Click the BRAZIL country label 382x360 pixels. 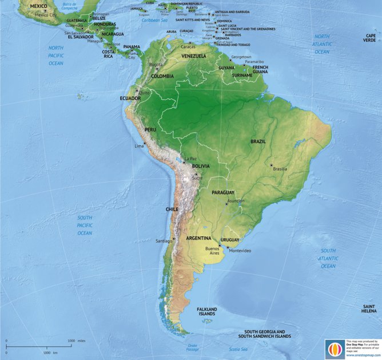[x=258, y=141]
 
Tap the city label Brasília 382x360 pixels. [x=280, y=169]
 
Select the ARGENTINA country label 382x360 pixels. [x=199, y=238]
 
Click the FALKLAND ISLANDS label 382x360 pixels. [x=207, y=311]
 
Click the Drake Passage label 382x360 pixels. [x=192, y=347]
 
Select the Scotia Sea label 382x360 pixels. [x=238, y=349]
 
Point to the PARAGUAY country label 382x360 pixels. [x=224, y=192]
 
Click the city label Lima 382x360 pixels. [x=139, y=147]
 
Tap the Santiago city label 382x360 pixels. [x=164, y=241]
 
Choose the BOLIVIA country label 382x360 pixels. [x=201, y=166]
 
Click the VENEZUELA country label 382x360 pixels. [x=194, y=56]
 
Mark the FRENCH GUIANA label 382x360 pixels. [x=260, y=69]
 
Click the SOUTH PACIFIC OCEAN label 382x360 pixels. [x=85, y=226]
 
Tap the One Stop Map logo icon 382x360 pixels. [x=334, y=349]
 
